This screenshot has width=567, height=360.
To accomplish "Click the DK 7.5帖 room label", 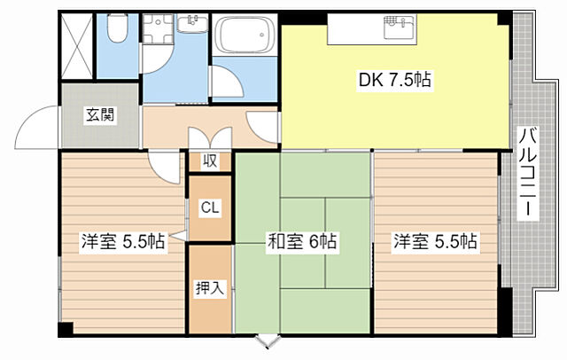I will pos(395,81).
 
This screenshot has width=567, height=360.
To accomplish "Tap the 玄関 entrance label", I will pos(98,114).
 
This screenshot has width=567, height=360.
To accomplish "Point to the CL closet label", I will pos(210,208).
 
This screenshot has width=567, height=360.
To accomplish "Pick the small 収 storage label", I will pos(210,161).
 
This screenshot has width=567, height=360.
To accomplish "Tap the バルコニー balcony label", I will pos(528,174).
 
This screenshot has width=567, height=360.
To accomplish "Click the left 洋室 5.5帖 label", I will pos(123,241).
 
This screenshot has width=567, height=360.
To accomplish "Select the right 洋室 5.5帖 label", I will pos(435,241).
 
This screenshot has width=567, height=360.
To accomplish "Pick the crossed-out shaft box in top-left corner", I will pos(77,43).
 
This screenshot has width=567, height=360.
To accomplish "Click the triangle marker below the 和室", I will pos(267,340).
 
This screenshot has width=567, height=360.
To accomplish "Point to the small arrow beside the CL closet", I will pos(179,236).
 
